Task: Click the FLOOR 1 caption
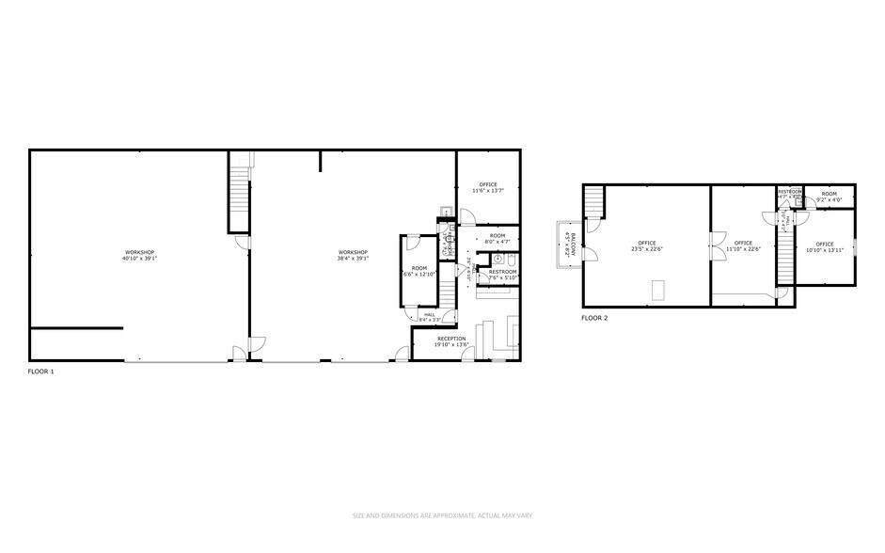point(41,371)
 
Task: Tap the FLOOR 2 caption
point(594,318)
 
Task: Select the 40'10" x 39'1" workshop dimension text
point(138,259)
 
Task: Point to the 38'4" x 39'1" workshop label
point(353,259)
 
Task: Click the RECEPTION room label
point(451,341)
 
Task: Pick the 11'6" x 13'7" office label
point(488,187)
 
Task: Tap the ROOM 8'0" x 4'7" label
point(497,239)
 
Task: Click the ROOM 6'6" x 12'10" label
point(419,272)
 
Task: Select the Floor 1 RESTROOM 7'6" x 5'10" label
point(496,275)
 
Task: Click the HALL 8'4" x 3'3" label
point(430,317)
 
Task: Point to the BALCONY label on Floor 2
point(568,245)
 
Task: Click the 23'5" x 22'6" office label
point(647,246)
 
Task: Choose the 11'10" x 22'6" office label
point(743,246)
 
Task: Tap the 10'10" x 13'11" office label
point(825,247)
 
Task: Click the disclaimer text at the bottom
point(442,514)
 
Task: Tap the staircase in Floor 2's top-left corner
point(593,202)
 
